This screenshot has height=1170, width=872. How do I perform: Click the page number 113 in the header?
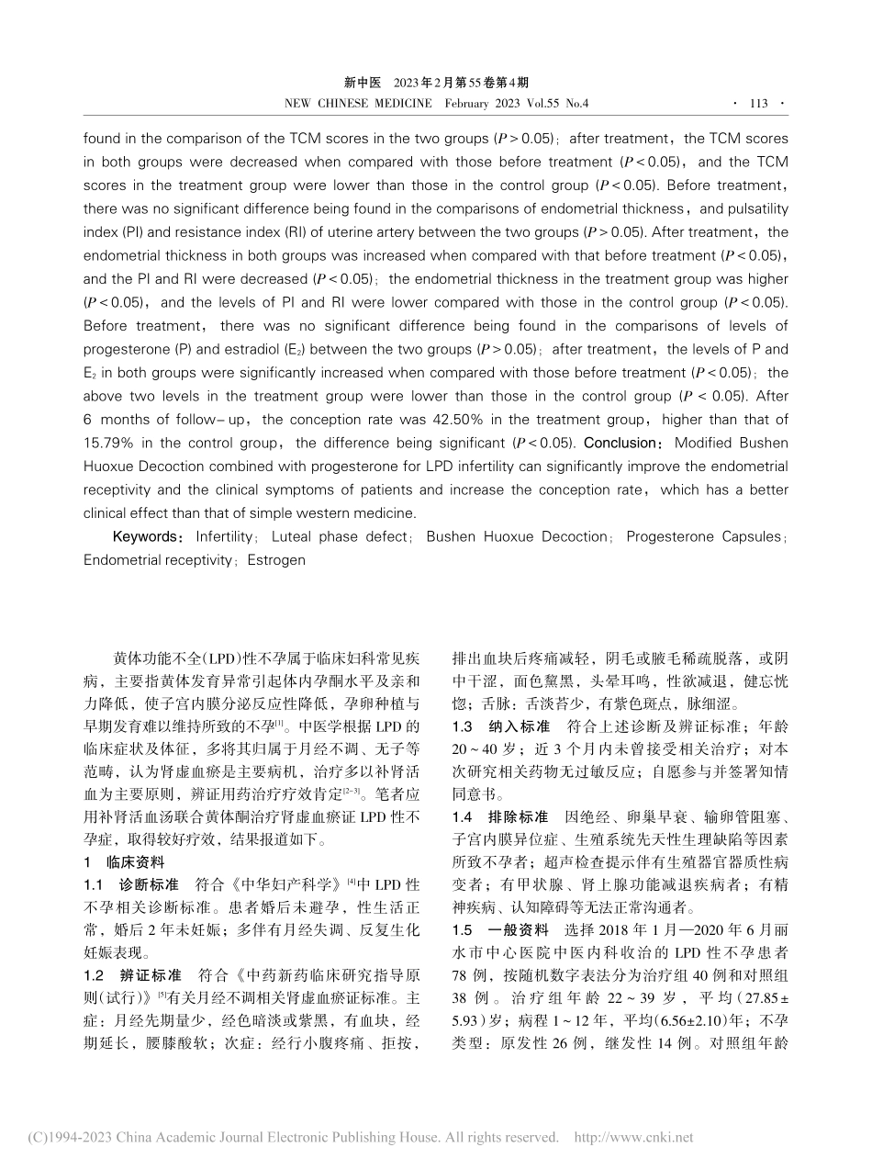[758, 104]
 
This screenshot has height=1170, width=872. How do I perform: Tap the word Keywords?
[143, 536]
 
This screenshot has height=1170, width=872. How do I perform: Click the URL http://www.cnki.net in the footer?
[633, 1138]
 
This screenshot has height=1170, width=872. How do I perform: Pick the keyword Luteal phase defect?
[338, 536]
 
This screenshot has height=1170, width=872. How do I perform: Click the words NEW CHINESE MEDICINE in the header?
[359, 104]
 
